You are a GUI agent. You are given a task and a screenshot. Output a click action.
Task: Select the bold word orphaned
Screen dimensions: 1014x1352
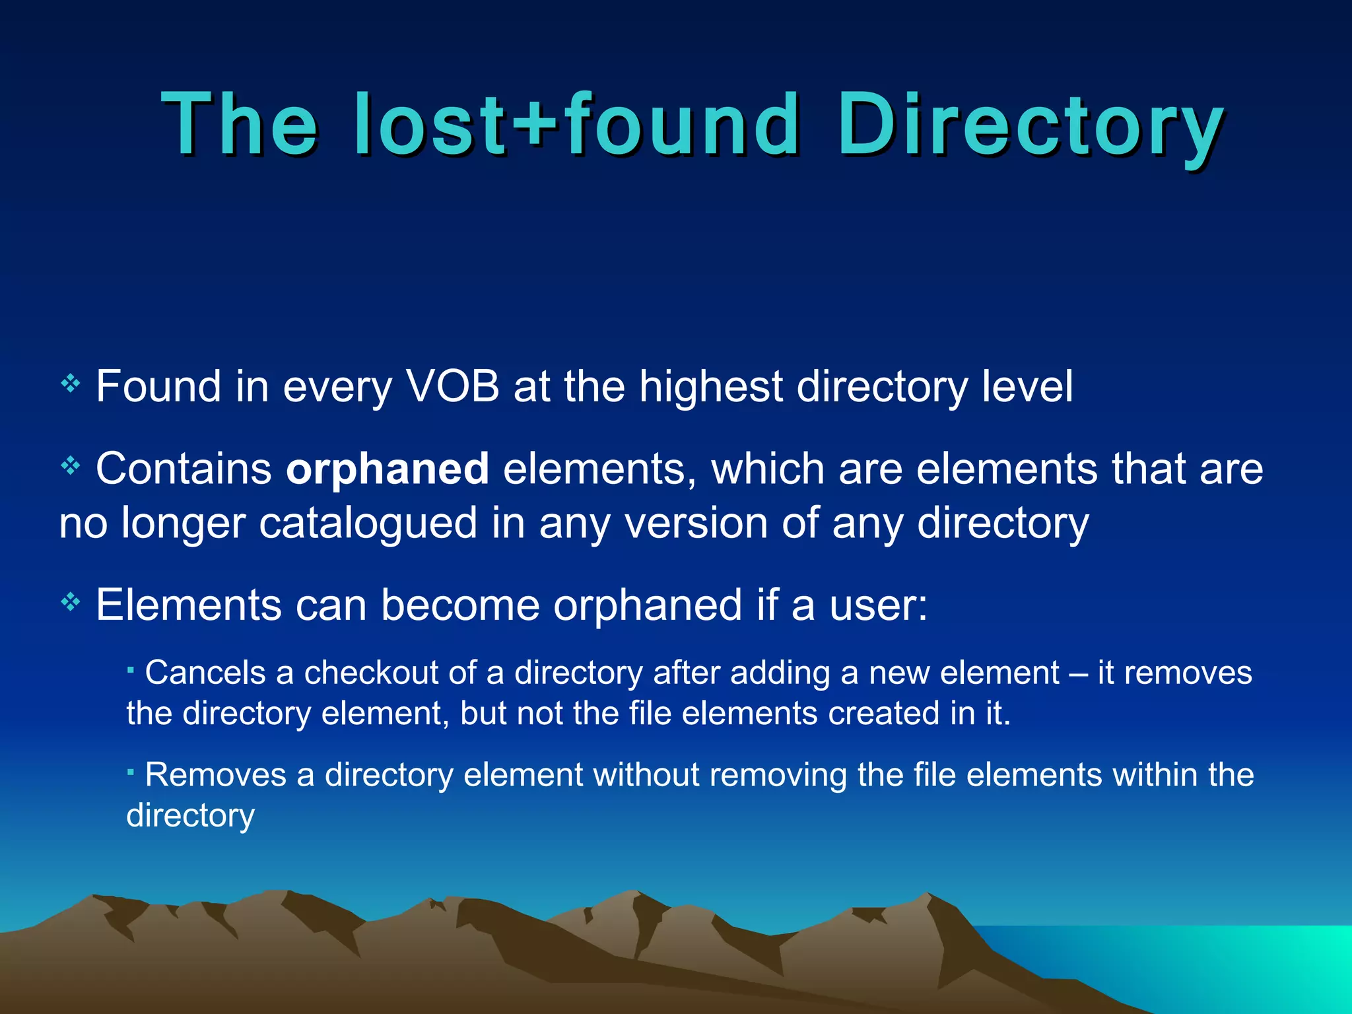tap(388, 469)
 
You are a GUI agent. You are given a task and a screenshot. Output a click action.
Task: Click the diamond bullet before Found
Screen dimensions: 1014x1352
tap(70, 383)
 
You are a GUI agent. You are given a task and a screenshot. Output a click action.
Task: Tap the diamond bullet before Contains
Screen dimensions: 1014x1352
tap(70, 466)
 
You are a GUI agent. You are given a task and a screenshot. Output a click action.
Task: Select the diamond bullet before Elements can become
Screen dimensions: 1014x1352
tap(70, 601)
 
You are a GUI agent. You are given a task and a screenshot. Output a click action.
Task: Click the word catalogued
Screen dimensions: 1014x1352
tap(368, 523)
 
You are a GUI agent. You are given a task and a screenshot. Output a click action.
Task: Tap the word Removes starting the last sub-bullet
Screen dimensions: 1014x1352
tap(215, 774)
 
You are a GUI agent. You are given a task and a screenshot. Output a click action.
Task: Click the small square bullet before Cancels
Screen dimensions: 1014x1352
tap(131, 670)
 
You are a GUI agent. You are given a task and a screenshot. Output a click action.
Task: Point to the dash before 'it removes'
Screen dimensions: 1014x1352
tap(1077, 674)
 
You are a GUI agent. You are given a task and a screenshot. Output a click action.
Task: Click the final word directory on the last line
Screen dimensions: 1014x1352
tap(190, 816)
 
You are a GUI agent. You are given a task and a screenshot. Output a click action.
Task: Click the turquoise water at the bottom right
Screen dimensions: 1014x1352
tap(1254, 964)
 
